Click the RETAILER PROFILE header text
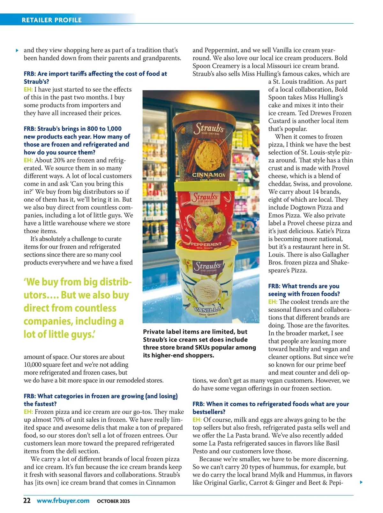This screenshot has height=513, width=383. (x=51, y=20)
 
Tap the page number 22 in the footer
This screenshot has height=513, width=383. (x=27, y=501)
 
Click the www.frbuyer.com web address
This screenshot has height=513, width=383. (x=63, y=501)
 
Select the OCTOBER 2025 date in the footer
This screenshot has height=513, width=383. (x=113, y=501)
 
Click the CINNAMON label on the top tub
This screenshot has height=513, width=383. (x=208, y=175)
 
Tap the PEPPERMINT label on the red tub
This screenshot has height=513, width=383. (x=206, y=244)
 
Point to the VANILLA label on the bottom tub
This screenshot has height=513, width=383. (x=208, y=309)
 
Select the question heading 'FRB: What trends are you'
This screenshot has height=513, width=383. (x=304, y=286)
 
